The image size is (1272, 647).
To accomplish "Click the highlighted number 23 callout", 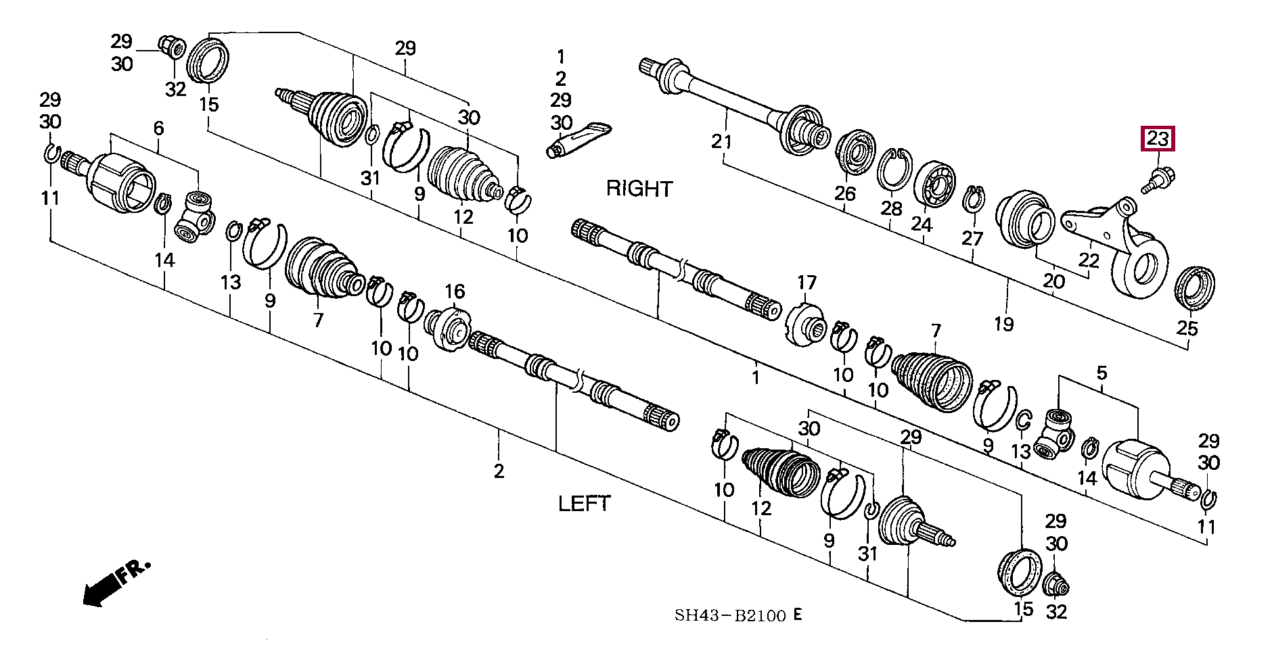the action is (x=1158, y=139).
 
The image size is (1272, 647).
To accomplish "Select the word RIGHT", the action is (x=639, y=189).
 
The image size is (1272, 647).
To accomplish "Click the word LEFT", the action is (x=584, y=503).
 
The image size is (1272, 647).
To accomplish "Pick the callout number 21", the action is (x=721, y=142).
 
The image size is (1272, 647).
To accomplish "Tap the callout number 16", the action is (x=454, y=291).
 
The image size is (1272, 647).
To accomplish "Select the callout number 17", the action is (x=807, y=282).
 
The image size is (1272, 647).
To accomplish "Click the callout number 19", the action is (x=1003, y=324).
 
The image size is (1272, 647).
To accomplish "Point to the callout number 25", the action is (x=1187, y=328).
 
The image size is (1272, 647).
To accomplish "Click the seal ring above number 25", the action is (x=1196, y=287).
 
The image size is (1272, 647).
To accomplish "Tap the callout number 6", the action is (x=159, y=128).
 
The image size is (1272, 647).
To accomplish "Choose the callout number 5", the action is (x=1101, y=373).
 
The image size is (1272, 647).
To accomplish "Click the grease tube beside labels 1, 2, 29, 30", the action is (x=579, y=139).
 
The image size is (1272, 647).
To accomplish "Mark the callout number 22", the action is (x=1089, y=260).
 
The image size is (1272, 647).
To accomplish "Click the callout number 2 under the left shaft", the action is (x=499, y=471).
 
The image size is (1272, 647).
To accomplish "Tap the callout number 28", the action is (x=891, y=208).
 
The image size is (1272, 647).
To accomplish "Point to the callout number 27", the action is (x=972, y=238).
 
